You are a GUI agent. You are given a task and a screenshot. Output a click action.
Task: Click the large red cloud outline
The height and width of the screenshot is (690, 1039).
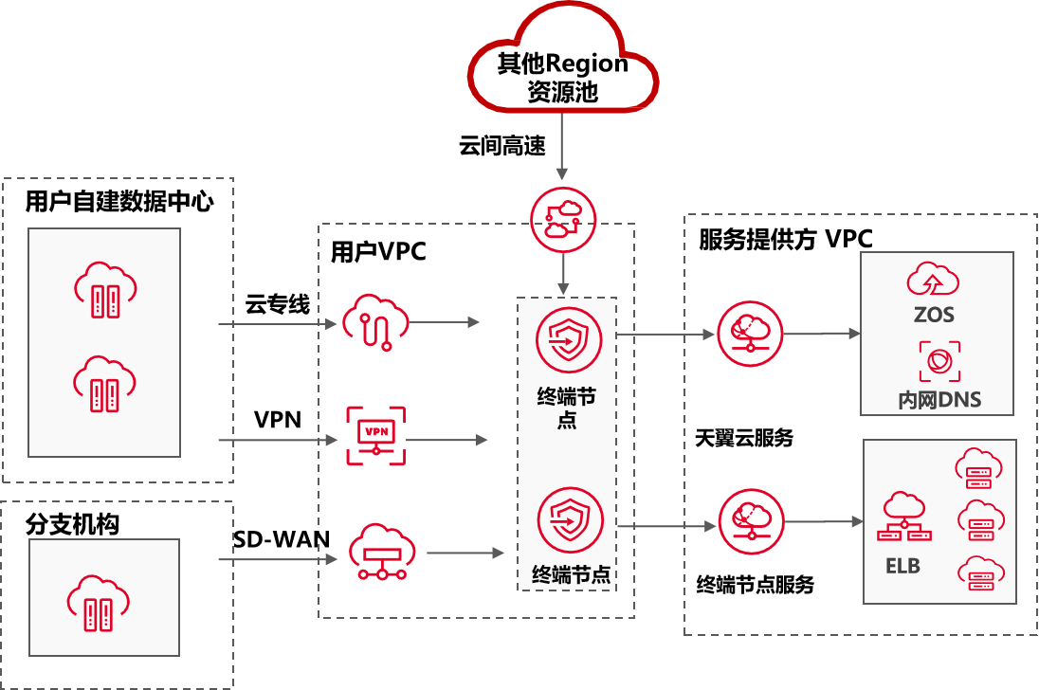coord(563,61)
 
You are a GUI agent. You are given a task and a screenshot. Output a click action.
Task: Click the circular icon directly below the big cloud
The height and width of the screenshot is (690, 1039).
coord(563,219)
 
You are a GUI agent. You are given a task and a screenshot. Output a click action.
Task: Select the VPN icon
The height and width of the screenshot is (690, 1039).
coord(375,435)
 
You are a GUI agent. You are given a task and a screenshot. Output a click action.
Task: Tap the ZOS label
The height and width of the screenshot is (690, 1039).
coord(934,314)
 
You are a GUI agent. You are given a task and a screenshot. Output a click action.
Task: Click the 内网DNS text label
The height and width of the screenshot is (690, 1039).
coord(939,400)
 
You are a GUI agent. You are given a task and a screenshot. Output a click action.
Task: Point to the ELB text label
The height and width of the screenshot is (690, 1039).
coord(902,567)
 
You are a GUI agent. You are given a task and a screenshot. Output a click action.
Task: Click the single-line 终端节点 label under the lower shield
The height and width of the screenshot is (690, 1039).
coord(571,574)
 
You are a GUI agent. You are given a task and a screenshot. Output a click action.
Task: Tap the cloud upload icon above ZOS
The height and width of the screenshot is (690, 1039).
coord(934,279)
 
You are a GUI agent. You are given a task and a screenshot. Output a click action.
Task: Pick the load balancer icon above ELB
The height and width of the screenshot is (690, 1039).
coord(905,517)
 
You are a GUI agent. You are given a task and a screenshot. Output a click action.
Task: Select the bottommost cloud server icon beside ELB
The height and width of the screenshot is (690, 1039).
coord(980,573)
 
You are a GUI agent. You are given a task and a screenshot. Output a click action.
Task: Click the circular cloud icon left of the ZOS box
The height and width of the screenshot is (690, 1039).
coord(751,334)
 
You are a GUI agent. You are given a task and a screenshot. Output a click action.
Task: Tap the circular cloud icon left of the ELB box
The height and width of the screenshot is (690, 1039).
coord(751,521)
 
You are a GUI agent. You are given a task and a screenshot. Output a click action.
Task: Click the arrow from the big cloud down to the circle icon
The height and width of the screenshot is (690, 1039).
coord(562,146)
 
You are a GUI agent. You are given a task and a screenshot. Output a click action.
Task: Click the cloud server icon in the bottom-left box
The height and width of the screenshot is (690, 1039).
coord(102,599)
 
